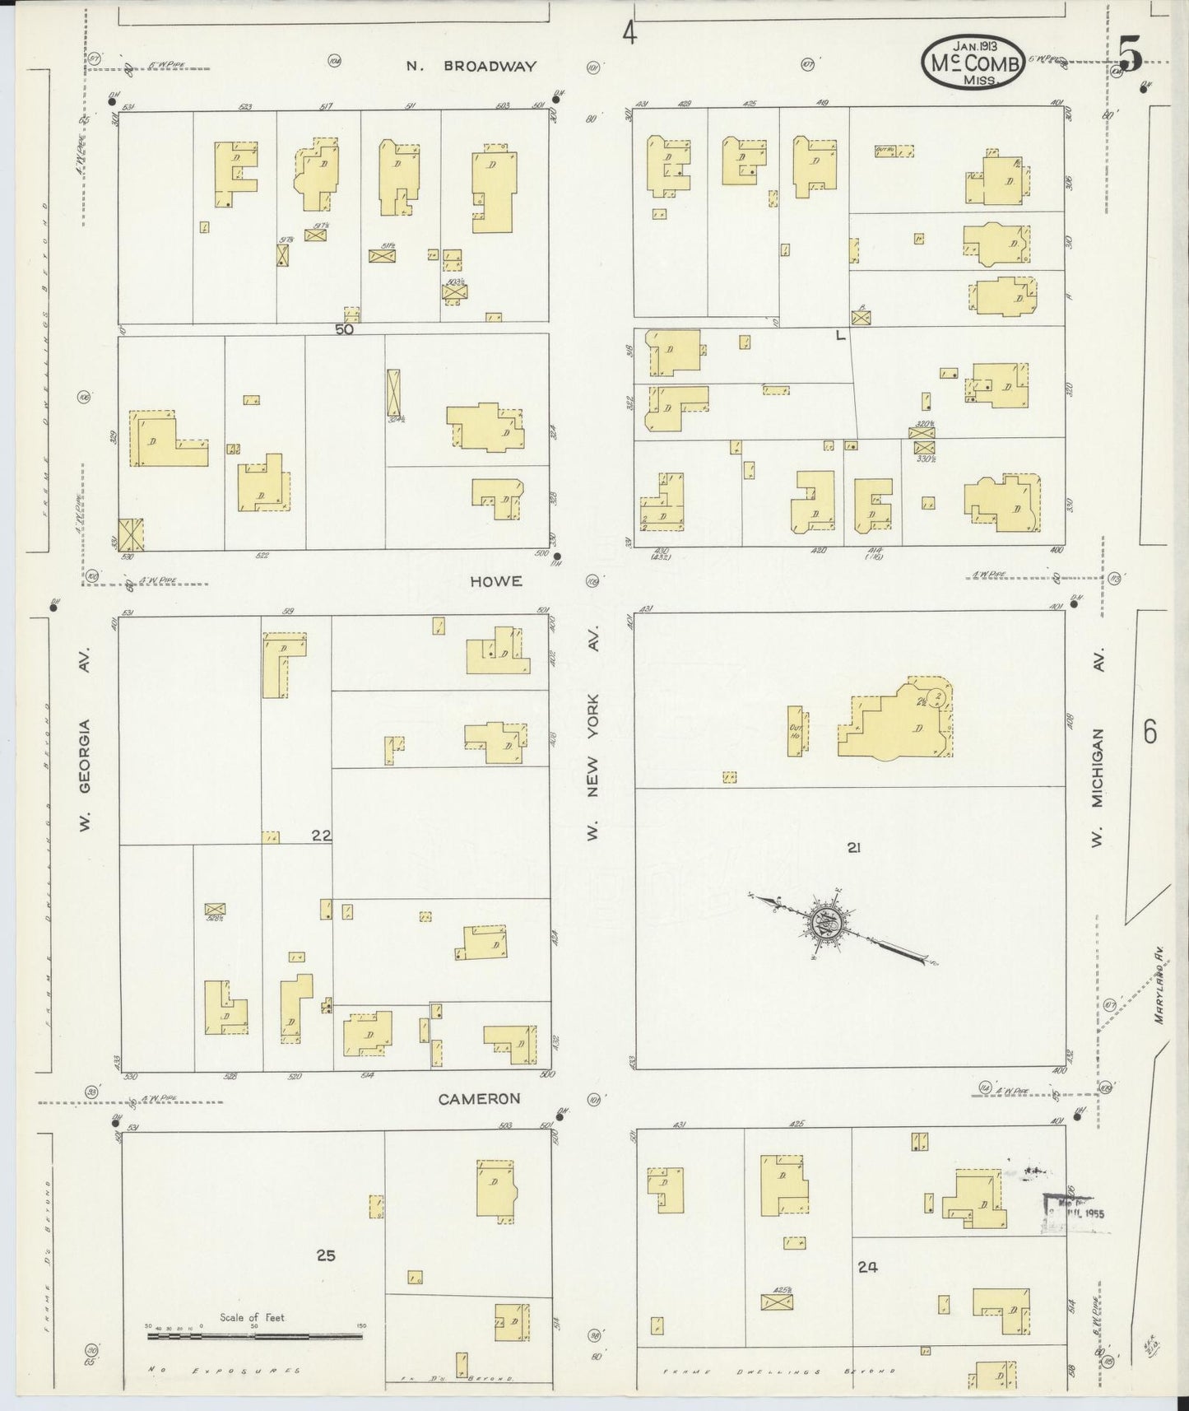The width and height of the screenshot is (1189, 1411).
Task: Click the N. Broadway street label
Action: click(x=471, y=67)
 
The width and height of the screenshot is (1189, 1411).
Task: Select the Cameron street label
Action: click(x=479, y=1098)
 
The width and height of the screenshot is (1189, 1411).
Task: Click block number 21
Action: click(x=853, y=847)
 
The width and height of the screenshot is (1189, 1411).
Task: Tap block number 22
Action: click(x=321, y=836)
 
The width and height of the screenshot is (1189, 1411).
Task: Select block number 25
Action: click(x=326, y=1255)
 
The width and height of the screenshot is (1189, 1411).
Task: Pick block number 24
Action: click(x=867, y=1268)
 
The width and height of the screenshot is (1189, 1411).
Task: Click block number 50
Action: click(x=344, y=329)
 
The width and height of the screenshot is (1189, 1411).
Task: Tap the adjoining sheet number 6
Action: click(x=1150, y=730)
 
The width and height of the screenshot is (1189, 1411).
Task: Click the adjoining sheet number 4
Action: click(x=629, y=34)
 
